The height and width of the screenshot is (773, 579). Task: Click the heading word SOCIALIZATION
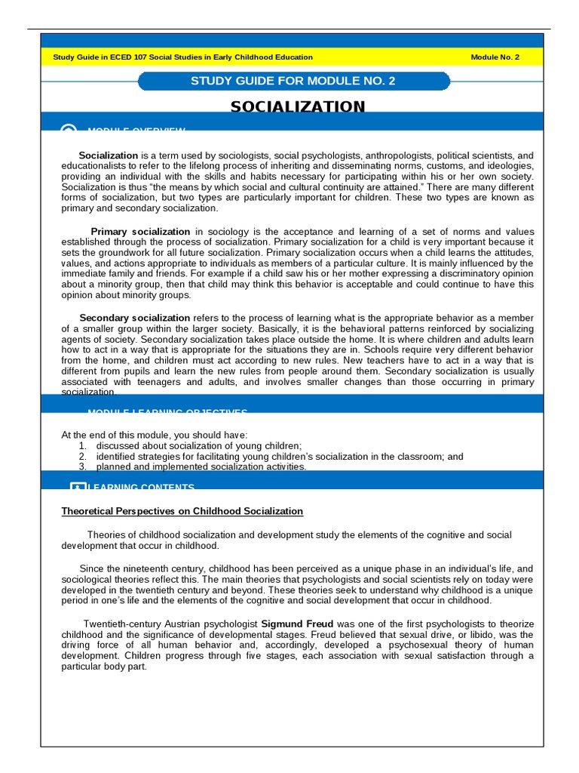[x=298, y=106]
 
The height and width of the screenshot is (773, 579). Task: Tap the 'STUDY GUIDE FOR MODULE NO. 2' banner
[x=293, y=82]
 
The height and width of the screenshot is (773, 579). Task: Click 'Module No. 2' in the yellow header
[x=495, y=57]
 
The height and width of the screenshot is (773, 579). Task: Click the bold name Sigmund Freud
[x=297, y=624]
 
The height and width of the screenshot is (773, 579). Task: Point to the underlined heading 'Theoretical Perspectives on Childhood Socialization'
[x=182, y=512]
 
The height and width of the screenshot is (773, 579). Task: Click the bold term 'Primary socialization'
[x=140, y=232]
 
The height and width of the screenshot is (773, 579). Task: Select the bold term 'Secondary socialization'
[x=134, y=319]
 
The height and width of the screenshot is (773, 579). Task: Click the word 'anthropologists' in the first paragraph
[x=386, y=156]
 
